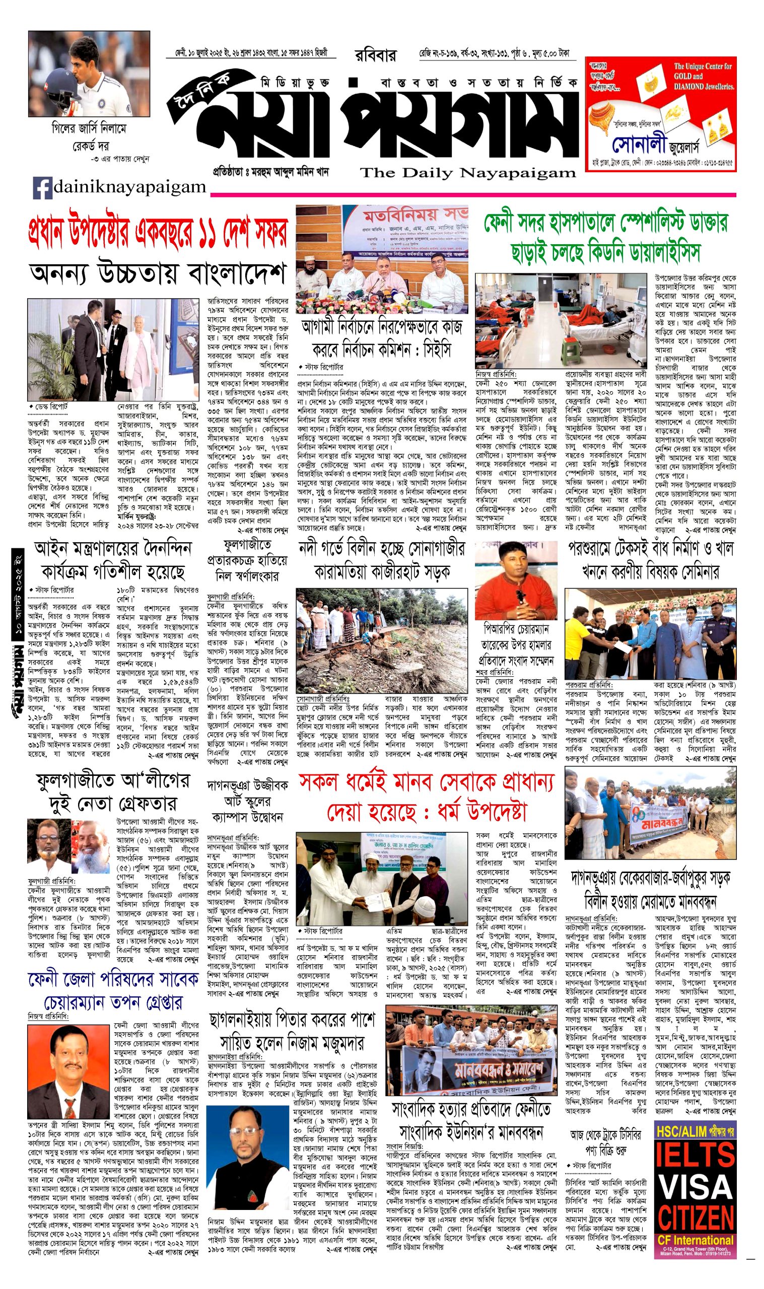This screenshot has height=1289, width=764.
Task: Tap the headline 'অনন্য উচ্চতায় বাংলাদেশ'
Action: coord(158,274)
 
